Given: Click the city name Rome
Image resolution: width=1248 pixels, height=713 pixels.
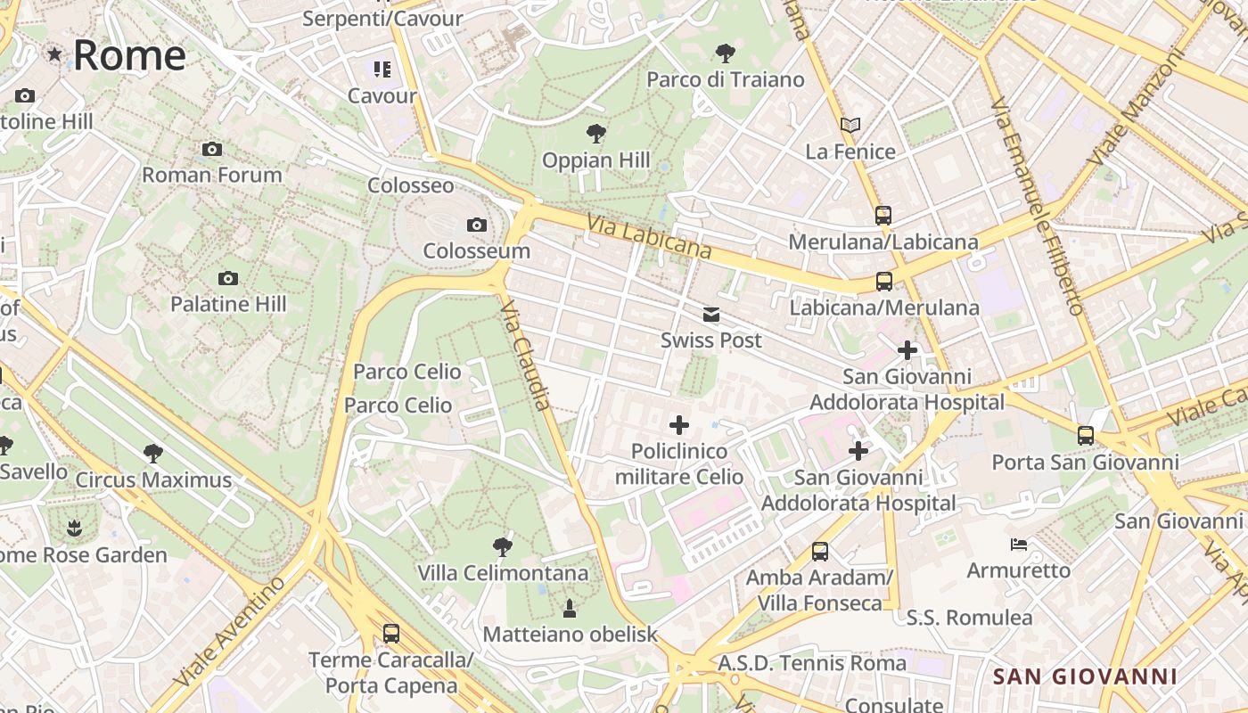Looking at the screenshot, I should [129, 55].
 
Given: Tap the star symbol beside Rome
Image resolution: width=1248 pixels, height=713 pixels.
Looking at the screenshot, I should [55, 54].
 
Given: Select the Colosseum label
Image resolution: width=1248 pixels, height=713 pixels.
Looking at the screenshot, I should [476, 250].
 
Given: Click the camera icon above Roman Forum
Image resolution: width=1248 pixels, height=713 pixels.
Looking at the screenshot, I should [211, 149].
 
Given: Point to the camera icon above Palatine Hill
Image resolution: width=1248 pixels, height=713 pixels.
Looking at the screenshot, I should [228, 278].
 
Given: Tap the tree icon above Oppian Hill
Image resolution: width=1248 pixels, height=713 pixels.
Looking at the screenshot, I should [596, 135].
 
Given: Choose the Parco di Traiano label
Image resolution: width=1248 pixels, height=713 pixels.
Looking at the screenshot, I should [725, 79].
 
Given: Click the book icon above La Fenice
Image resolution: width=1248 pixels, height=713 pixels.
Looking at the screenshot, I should [850, 126].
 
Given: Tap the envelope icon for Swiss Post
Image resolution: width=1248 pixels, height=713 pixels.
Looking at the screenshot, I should [710, 315].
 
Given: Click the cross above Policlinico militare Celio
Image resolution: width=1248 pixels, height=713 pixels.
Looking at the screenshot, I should [679, 425].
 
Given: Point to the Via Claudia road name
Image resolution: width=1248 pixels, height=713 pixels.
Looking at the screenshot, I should [526, 355].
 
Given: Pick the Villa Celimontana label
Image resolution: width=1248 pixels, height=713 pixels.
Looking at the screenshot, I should [503, 572].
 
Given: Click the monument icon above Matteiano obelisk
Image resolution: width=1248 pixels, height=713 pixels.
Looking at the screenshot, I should [569, 609].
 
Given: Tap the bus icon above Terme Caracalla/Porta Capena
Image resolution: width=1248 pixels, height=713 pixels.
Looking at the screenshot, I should [390, 634].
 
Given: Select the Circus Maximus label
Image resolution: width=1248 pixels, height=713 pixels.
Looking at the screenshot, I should [153, 479].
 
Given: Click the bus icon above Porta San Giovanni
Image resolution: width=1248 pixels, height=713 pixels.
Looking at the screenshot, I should [1085, 436].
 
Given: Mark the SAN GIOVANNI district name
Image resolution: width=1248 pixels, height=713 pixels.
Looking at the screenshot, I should [1085, 676].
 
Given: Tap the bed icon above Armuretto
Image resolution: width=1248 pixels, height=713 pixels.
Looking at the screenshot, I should [1019, 544].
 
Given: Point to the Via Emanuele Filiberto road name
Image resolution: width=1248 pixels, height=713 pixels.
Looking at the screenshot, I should [1037, 206].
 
